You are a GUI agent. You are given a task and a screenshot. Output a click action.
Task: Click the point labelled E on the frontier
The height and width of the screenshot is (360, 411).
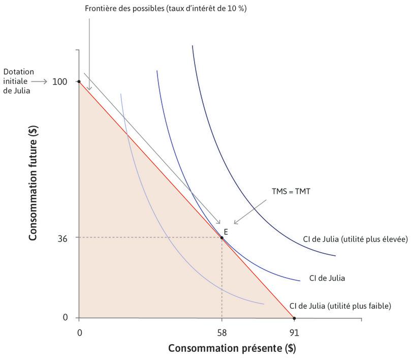click(x=222, y=237)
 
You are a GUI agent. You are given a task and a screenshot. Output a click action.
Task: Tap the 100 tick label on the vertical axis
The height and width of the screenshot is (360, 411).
click(x=60, y=81)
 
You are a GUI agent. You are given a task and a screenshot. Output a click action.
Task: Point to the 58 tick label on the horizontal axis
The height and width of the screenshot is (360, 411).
click(x=222, y=333)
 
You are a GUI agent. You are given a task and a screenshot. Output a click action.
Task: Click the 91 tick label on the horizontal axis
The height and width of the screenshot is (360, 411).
click(x=294, y=333)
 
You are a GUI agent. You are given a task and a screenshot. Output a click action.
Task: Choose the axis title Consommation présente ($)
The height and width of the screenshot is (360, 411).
click(x=232, y=349)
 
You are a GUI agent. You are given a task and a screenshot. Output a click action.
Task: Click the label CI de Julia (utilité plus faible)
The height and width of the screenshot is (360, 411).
click(x=340, y=306)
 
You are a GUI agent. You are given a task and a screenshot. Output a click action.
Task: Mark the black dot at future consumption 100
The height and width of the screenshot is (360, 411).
click(x=79, y=81)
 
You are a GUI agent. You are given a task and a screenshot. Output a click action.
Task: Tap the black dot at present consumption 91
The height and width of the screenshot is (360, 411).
click(x=294, y=318)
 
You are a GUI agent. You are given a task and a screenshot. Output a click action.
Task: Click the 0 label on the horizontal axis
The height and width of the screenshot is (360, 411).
click(x=79, y=333)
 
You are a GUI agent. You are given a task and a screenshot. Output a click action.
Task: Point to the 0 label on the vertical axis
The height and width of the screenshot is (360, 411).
click(x=65, y=318)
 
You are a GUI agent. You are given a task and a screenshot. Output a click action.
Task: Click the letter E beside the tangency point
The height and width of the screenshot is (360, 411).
click(x=226, y=231)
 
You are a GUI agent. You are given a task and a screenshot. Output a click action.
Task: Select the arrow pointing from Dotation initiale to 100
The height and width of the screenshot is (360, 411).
click(x=39, y=81)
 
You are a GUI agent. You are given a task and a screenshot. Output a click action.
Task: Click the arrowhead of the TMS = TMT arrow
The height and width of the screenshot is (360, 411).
click(x=235, y=223)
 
